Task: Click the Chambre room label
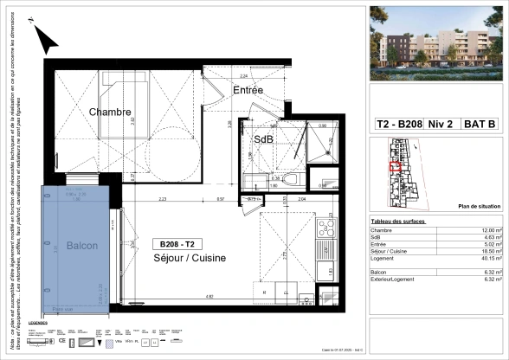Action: pyautogui.click(x=110, y=112)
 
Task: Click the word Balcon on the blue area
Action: pyautogui.click(x=82, y=246)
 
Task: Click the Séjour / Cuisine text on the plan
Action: pyautogui.click(x=189, y=259)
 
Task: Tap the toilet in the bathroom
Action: pyautogui.click(x=291, y=179)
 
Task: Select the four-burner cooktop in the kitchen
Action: pyautogui.click(x=325, y=228)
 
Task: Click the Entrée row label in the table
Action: pyautogui.click(x=382, y=244)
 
